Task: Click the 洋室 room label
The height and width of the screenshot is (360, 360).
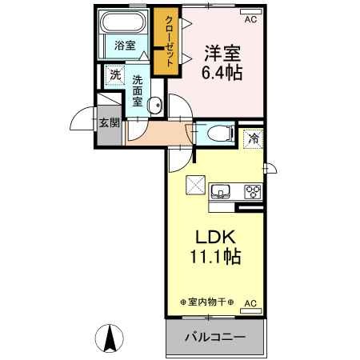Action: point(223,54)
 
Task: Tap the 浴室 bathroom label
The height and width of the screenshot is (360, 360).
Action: point(123,46)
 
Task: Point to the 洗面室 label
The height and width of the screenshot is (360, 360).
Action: point(138,91)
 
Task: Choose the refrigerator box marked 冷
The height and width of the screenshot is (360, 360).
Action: point(253,138)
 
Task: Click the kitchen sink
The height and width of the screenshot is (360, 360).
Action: point(219,192)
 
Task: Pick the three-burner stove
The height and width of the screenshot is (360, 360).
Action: point(253,191)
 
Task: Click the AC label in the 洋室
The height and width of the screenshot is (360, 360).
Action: point(250,18)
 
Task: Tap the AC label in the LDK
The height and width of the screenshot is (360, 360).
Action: point(250,303)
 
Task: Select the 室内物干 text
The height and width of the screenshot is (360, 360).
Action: point(206,302)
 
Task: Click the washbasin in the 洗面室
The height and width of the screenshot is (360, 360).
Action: point(156,103)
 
